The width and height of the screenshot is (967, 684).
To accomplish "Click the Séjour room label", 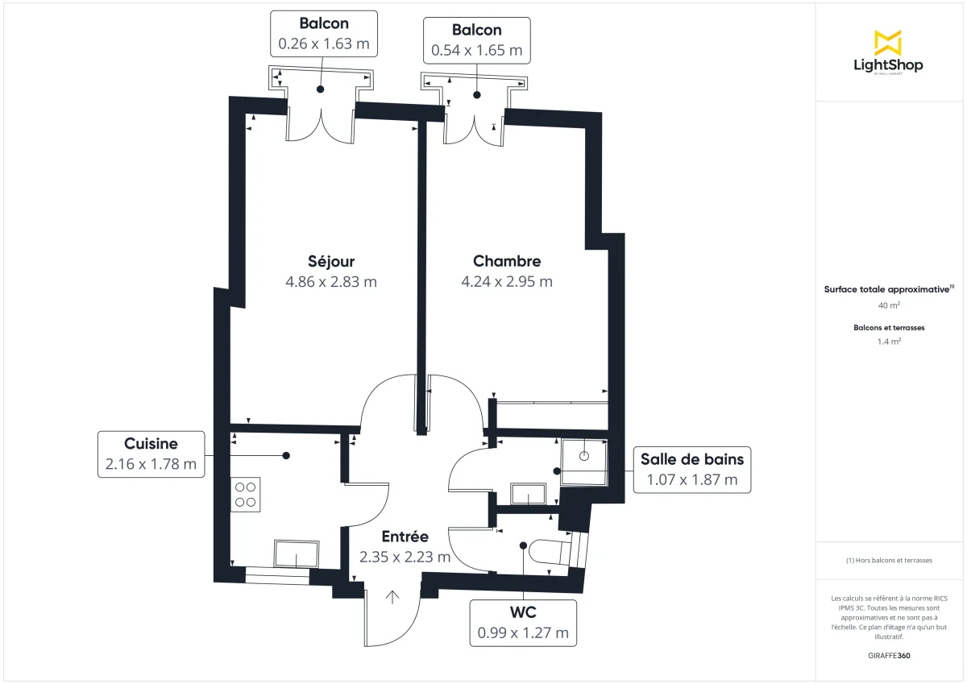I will point(330,261).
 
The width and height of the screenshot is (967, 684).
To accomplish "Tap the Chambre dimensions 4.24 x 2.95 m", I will point(506,282).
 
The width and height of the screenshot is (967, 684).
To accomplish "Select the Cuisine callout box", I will point(151,454).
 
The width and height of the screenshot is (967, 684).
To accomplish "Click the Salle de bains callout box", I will point(691,470).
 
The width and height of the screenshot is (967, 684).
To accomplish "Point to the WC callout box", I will point(523,623).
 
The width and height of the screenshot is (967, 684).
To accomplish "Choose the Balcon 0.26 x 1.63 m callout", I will point(323,34).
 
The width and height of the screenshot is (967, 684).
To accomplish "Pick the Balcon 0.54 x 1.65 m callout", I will point(476,40).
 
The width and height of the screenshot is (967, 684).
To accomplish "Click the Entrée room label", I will point(405,537).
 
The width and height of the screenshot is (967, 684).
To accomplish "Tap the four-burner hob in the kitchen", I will point(246,494).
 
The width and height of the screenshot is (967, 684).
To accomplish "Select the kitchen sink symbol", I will point(297,553).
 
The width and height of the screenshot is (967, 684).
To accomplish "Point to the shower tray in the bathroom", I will point(583,461).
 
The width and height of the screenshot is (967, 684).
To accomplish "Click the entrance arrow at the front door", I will point(393,597).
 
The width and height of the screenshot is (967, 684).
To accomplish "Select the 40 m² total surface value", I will point(889,306).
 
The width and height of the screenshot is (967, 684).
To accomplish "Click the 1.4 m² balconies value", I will point(889,342).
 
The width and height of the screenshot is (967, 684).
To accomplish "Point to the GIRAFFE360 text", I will point(889,656).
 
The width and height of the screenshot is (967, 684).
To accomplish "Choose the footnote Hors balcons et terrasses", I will point(889,560).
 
